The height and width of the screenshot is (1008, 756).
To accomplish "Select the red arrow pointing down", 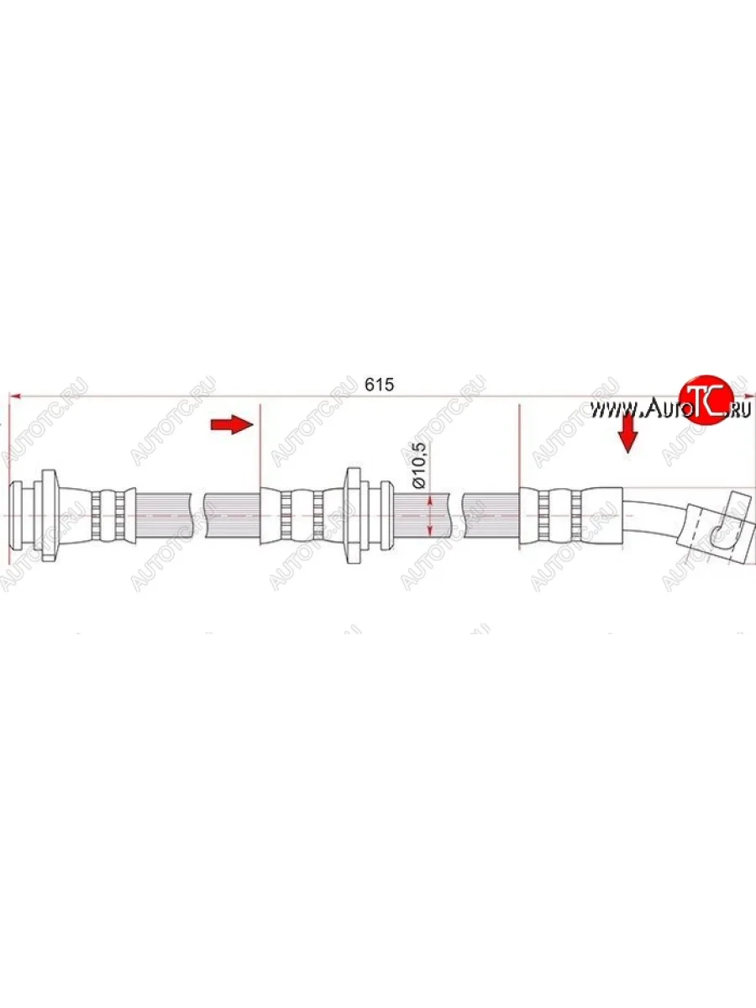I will [x=627, y=433].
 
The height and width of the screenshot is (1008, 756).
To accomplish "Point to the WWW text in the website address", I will [x=615, y=410].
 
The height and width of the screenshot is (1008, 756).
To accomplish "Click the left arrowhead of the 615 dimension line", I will [x=13, y=395].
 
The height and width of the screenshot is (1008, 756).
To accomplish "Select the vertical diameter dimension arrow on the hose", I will [x=430, y=514].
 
